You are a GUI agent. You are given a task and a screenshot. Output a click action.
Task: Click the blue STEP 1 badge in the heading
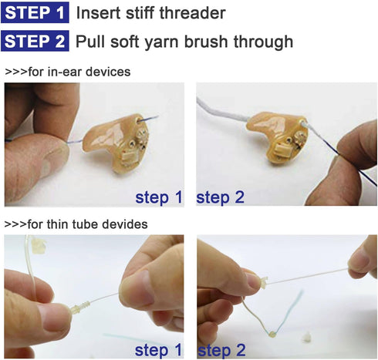35,12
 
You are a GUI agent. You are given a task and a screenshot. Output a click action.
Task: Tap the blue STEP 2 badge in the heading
35,41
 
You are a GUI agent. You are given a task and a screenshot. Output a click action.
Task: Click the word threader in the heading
193,13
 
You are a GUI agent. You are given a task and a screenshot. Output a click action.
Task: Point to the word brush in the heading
206,41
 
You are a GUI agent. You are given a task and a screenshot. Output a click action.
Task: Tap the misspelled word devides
125,224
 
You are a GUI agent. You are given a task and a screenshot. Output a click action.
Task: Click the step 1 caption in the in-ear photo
159,198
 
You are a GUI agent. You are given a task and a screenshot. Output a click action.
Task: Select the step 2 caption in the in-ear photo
220,198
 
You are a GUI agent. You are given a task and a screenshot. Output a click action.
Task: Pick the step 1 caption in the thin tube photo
158,351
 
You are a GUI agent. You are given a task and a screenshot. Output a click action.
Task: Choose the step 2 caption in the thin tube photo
221,351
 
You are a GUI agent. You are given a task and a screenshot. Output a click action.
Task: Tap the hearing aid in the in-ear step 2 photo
277,138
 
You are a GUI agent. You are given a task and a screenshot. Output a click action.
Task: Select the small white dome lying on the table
306,338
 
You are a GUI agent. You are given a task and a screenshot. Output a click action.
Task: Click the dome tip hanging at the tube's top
39,246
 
